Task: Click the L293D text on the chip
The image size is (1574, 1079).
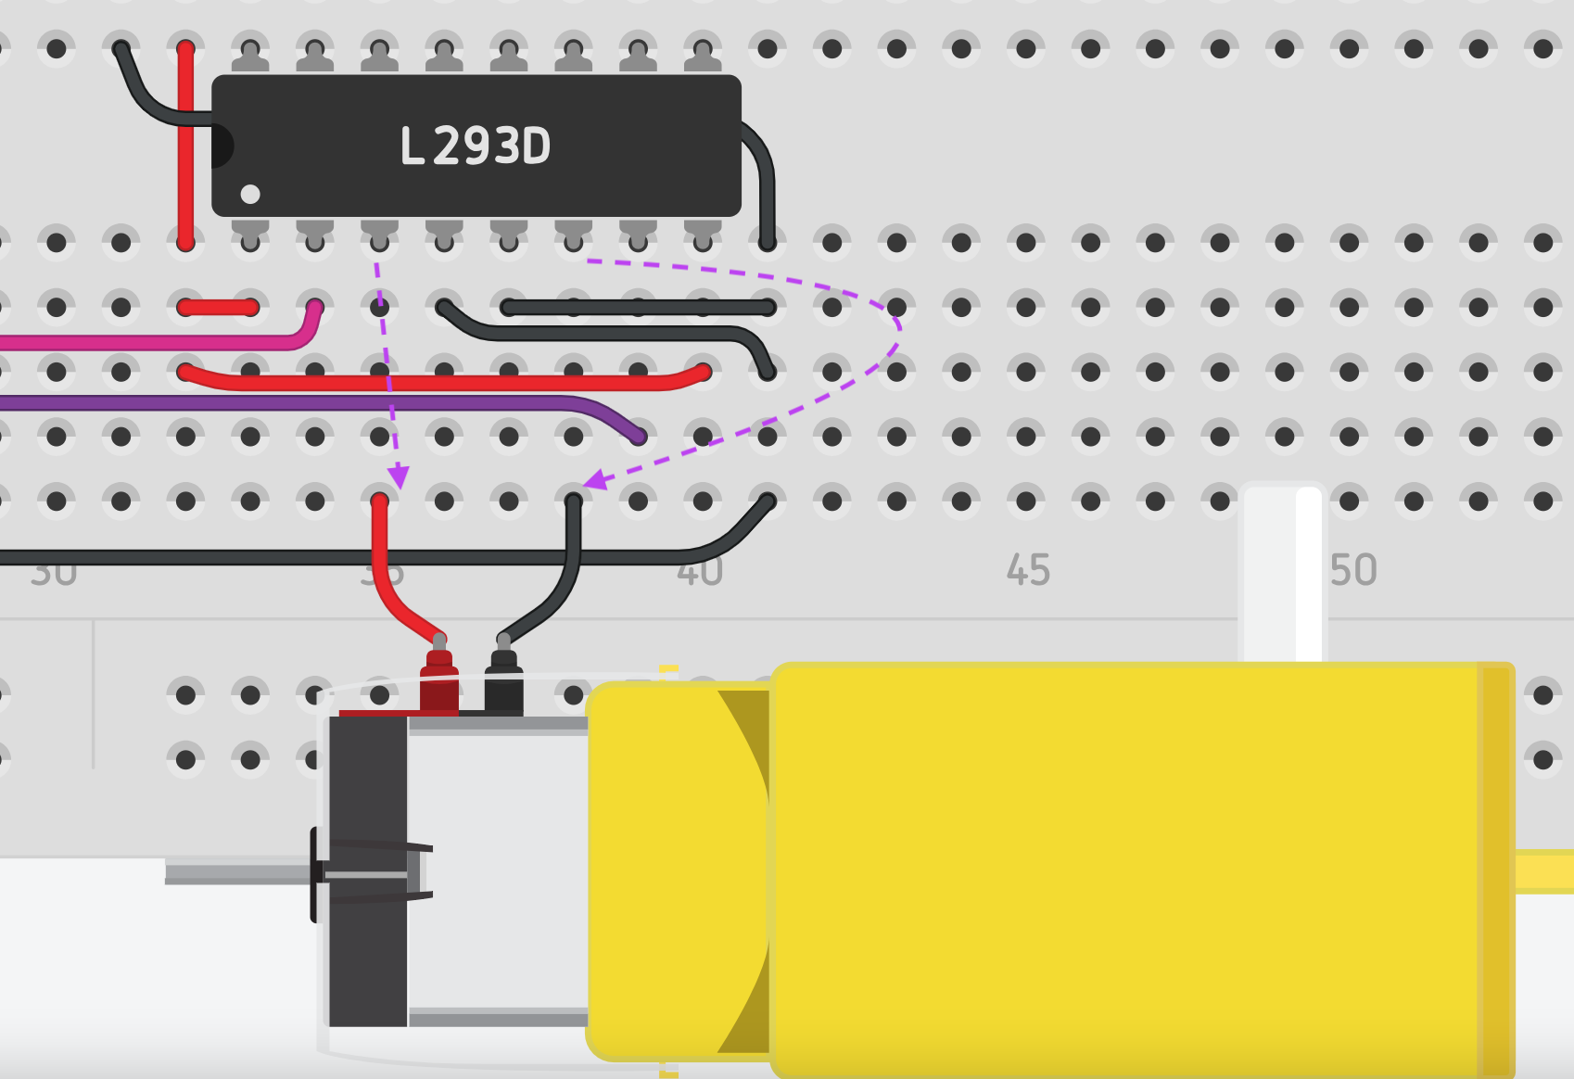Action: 475,146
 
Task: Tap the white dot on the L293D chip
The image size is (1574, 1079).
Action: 250,194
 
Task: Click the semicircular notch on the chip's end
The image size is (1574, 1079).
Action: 221,146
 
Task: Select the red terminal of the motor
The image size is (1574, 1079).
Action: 438,684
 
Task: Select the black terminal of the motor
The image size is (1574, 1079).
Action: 503,684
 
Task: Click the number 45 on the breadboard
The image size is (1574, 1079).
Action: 1028,570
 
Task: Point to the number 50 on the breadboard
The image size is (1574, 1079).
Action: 1353,570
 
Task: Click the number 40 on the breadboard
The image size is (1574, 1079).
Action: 699,571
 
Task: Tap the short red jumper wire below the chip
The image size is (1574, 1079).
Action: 218,307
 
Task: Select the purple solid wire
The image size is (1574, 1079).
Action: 278,403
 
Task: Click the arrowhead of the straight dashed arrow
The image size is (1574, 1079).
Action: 399,477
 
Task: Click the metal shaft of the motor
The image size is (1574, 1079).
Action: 236,872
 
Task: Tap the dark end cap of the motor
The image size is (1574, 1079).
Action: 367,871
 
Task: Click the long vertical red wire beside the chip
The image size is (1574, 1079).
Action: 185,148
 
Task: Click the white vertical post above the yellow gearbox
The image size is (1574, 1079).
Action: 1283,575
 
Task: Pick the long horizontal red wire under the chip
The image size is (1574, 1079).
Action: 445,382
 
